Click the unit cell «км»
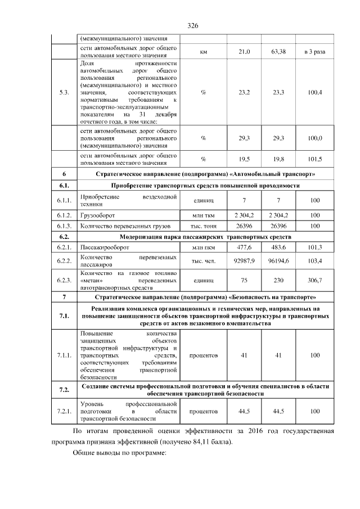(x=203, y=52)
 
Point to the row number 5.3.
(x=64, y=92)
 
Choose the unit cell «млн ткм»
(x=203, y=215)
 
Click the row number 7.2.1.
(x=64, y=412)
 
